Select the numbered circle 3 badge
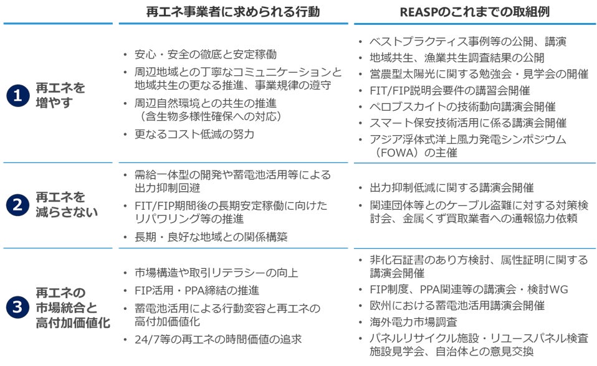tap(17, 307)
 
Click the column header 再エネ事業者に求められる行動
tap(232, 11)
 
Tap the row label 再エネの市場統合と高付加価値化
tap(72, 307)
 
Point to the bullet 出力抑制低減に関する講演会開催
tap(451, 188)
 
